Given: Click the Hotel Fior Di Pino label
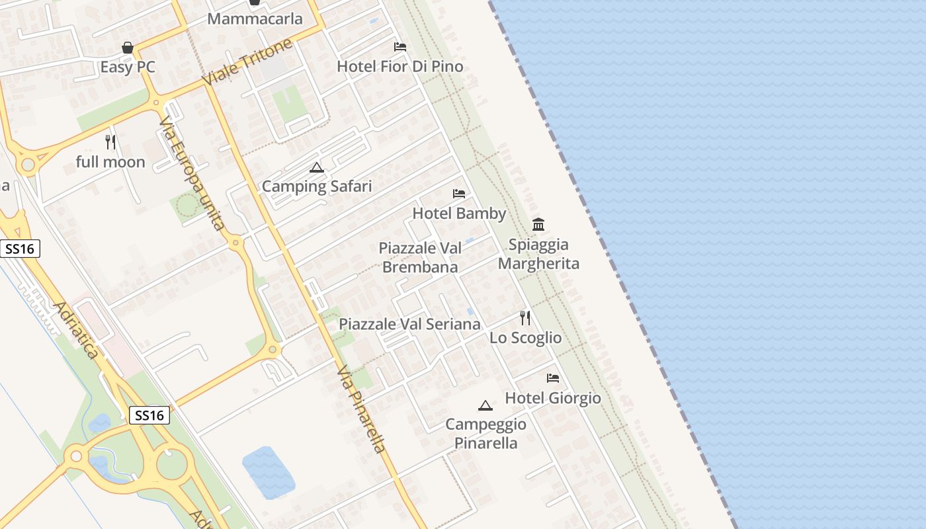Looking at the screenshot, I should click(400, 67).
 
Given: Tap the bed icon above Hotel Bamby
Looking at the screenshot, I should click(459, 194).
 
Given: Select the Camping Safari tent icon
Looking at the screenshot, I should click(317, 167).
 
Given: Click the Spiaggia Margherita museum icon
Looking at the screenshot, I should click(538, 225).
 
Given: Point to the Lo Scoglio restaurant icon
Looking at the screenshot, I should click(525, 318).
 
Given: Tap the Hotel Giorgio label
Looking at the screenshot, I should click(553, 398).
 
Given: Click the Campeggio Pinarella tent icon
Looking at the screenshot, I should click(485, 405).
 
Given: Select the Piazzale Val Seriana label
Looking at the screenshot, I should click(409, 324).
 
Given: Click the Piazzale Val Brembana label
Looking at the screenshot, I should click(419, 257).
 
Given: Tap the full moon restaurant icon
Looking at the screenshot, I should click(110, 142).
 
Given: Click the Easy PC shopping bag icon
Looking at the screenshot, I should click(128, 48).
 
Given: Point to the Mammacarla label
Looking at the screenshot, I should click(255, 19).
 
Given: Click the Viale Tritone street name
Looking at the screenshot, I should click(247, 62).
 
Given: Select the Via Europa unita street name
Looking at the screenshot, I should click(192, 174).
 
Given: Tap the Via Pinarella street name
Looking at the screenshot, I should click(361, 410).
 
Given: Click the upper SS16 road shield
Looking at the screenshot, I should click(20, 249).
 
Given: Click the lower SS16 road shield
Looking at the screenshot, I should click(149, 415).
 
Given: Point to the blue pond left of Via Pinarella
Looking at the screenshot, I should click(269, 472).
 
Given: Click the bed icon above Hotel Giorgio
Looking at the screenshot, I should click(553, 378).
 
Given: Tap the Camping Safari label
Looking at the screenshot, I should click(317, 186).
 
